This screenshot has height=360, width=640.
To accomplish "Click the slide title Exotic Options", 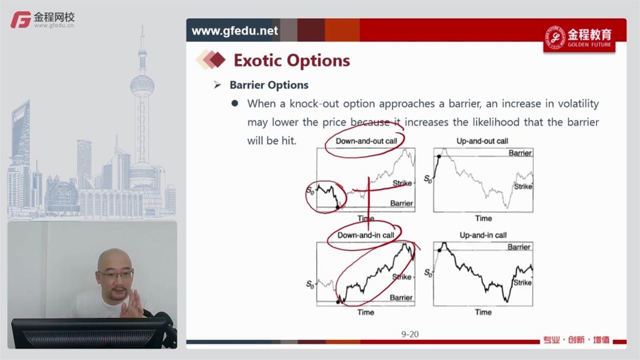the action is (291, 60).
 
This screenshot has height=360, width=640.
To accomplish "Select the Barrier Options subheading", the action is (269, 85).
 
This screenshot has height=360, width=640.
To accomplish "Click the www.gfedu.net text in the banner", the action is (235, 31).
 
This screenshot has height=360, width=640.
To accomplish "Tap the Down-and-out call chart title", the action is (366, 141).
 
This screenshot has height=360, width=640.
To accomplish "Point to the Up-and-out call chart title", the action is (482, 141).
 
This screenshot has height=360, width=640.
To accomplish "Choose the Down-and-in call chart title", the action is (366, 235).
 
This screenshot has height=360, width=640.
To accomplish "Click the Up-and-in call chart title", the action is (483, 235).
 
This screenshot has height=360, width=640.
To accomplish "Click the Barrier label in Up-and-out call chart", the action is (520, 153).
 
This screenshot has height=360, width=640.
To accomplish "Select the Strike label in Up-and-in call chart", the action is (523, 282).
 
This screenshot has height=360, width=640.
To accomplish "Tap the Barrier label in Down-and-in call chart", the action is (401, 298).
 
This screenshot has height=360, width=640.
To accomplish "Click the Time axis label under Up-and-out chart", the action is (483, 218).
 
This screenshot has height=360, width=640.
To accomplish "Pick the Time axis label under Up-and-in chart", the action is (483, 312).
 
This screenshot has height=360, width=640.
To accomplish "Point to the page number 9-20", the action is (410, 334).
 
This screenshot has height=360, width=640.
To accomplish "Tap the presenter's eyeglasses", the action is (116, 274).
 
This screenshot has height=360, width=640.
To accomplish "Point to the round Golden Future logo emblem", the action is (555, 38).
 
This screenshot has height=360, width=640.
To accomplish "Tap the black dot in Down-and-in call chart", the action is (338, 302).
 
